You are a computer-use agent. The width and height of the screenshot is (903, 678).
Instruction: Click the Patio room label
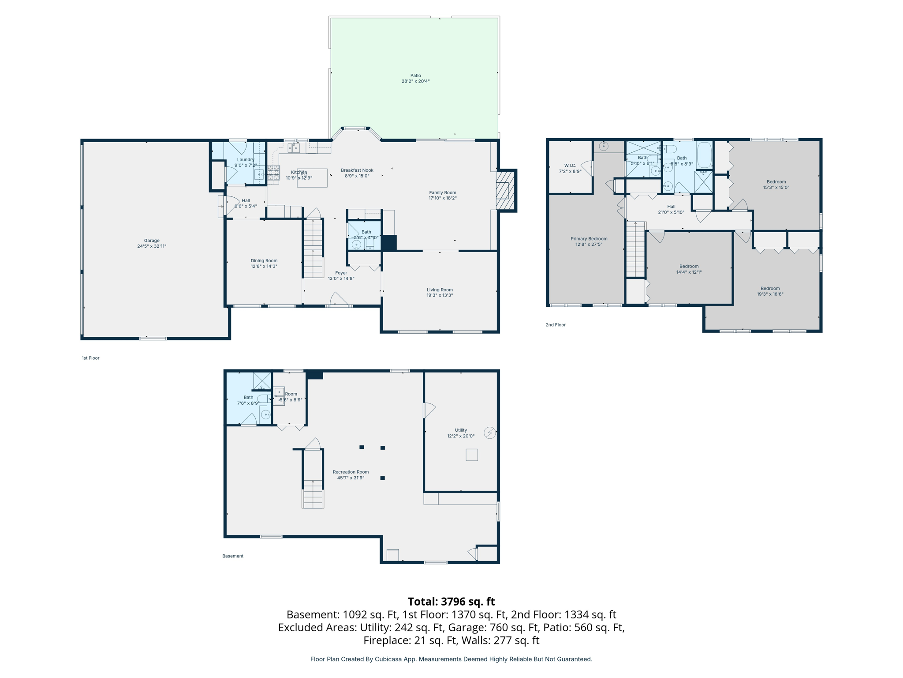point(415,75)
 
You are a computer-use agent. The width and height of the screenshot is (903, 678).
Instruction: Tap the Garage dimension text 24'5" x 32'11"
point(151,246)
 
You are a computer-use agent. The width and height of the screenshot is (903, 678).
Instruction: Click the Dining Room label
point(264,260)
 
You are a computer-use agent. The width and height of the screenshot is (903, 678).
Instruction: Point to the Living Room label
point(439,290)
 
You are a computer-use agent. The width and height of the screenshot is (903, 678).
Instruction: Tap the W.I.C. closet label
point(570,166)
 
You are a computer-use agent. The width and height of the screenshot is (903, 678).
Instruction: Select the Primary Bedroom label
point(589,239)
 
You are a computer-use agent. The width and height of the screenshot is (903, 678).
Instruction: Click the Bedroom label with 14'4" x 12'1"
point(689,266)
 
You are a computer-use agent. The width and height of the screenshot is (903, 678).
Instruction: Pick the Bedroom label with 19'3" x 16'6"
point(770,288)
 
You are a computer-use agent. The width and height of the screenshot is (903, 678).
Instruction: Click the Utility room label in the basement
point(460,430)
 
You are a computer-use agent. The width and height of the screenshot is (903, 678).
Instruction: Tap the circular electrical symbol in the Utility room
point(489,433)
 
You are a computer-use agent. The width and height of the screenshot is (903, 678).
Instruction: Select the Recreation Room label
point(351,472)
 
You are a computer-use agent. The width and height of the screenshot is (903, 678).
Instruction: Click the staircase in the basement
point(313,493)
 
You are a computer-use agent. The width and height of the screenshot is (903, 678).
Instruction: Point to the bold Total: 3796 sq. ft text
point(451,602)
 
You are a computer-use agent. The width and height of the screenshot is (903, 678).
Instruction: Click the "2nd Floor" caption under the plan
point(555,325)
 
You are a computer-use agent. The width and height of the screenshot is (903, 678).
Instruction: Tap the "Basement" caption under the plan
point(232,556)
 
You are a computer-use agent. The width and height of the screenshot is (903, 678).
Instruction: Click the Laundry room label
point(246,159)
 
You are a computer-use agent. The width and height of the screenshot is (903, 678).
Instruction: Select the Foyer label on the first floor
point(341,273)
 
